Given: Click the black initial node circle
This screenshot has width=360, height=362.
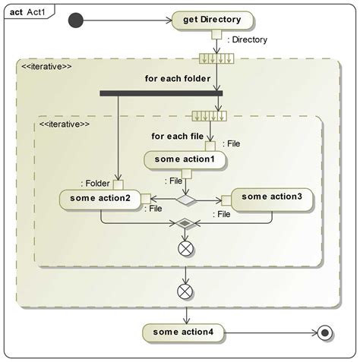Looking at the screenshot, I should (75, 20).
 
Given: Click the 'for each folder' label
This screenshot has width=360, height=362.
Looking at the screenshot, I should (180, 78).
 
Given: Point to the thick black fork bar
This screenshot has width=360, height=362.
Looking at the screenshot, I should (161, 94).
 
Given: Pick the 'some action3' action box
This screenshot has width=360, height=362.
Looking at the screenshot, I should (271, 197).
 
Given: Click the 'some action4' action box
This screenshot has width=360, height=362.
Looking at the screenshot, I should (185, 332).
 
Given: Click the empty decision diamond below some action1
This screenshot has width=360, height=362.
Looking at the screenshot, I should (186, 200).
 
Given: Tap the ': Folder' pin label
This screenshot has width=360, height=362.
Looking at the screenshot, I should (95, 183).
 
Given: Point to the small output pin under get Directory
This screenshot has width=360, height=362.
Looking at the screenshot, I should (216, 34).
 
